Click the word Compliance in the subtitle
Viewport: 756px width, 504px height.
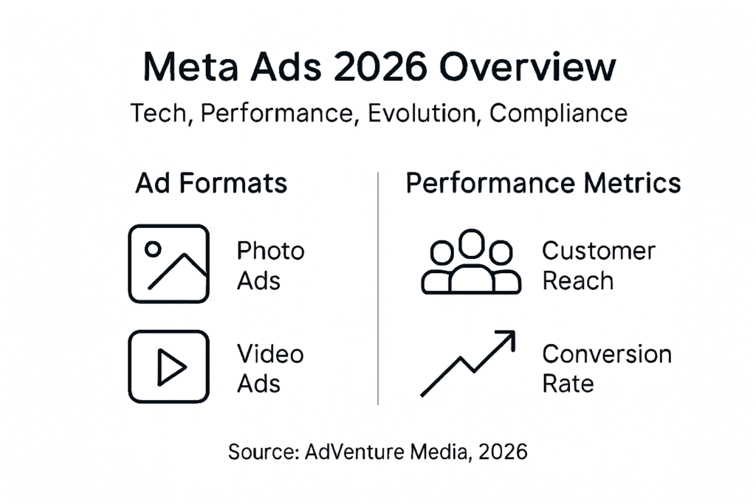coord(558,114)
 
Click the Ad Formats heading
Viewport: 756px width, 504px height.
coord(211,183)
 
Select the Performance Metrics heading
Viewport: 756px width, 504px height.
coord(543,183)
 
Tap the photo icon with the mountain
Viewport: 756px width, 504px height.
coord(168,263)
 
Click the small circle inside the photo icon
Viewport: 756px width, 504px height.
coord(153,249)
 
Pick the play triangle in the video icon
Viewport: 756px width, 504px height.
coord(171,367)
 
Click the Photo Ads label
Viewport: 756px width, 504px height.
coord(270,266)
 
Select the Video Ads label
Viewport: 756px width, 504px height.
coord(270,368)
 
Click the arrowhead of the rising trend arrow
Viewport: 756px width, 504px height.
coord(506,338)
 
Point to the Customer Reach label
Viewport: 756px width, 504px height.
coord(598,266)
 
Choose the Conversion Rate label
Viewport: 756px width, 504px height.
coord(606,368)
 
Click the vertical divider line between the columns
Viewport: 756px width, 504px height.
coord(378,288)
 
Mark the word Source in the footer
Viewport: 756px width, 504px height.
coord(264,451)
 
